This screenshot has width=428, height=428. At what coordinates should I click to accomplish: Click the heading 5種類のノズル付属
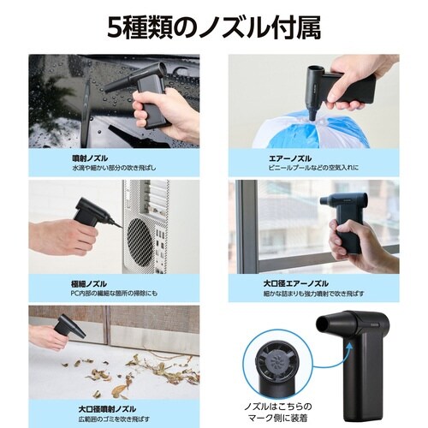(x=214, y=28)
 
